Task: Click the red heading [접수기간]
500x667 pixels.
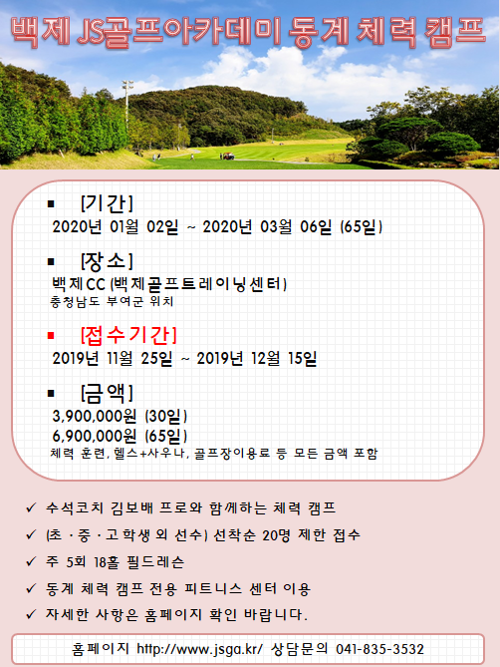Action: (x=128, y=335)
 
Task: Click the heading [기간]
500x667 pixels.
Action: (x=107, y=203)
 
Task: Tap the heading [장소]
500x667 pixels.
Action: (x=107, y=261)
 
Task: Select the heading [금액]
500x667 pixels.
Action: (x=107, y=393)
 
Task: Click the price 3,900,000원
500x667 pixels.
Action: (x=95, y=416)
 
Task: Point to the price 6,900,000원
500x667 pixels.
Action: (x=95, y=436)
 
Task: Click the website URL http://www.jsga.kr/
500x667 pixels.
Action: (x=199, y=649)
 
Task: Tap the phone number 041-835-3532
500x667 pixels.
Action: (x=379, y=649)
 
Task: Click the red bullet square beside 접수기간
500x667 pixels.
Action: (x=51, y=336)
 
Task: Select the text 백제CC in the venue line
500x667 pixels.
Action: (x=79, y=284)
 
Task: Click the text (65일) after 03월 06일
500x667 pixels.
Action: (x=362, y=226)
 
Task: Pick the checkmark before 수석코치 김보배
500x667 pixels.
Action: (x=31, y=507)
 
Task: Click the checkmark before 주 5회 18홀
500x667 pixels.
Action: (x=31, y=561)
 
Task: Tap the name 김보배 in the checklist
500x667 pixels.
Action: (x=131, y=507)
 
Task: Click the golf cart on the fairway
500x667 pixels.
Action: (x=228, y=157)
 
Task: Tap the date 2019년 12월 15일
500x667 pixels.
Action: (x=257, y=359)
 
